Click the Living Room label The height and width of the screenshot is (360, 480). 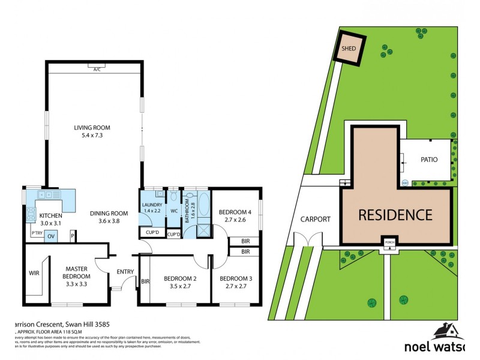tap(92, 128)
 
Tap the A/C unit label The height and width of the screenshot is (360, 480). tap(96, 70)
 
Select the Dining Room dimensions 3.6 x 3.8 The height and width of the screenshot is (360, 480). tap(109, 221)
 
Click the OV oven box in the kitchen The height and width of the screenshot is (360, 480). tap(52, 236)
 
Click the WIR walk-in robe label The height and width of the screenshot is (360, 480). tap(33, 273)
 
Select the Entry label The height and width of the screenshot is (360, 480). tap(125, 272)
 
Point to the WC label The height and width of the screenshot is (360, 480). tap(174, 211)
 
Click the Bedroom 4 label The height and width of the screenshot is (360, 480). tap(234, 212)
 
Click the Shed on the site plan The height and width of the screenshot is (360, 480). tap(347, 49)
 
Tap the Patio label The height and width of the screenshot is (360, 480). tap(428, 160)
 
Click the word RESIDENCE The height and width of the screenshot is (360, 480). tap(395, 215)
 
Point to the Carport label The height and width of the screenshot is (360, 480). tap(316, 219)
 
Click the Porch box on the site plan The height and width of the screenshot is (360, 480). tap(390, 242)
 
